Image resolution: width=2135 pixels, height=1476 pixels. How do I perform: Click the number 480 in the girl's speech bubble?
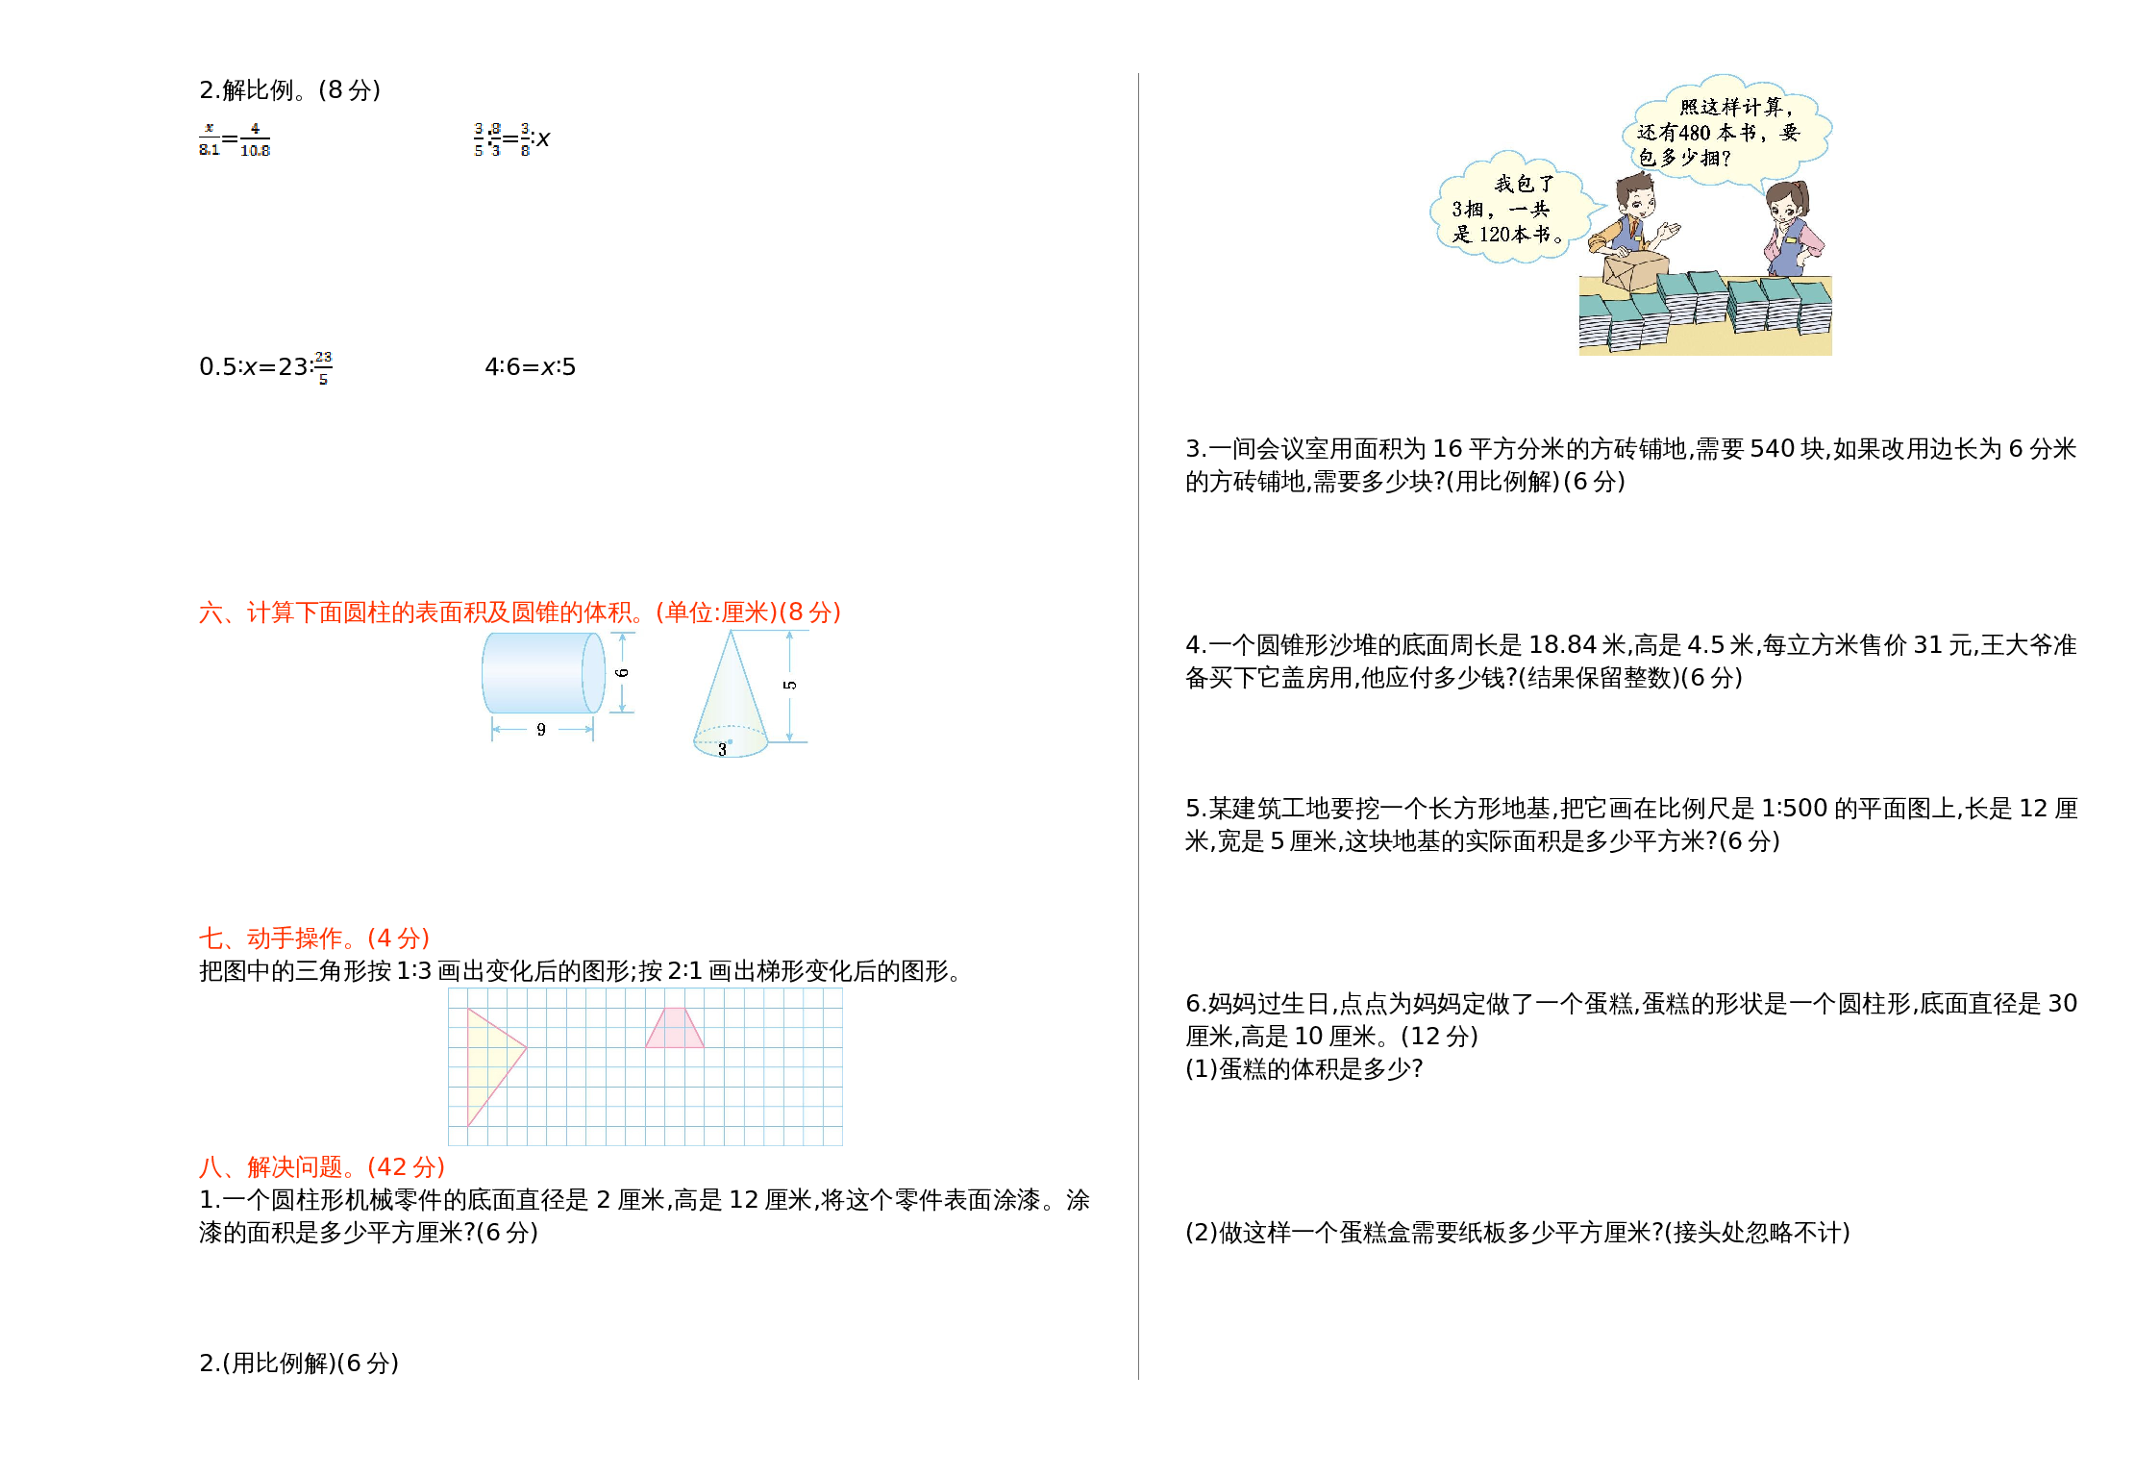click(1694, 133)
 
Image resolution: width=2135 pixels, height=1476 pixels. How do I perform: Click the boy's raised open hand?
click(1671, 231)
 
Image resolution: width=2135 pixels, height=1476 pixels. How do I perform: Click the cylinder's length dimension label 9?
click(541, 730)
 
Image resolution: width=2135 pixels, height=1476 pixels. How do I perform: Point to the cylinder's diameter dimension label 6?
click(622, 672)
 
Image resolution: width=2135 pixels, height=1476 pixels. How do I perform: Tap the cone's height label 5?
click(790, 685)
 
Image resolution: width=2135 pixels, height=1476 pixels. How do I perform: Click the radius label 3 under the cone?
click(722, 749)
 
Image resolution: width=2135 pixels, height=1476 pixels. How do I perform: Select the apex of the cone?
click(732, 632)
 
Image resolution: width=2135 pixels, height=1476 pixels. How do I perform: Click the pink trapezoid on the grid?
click(675, 1030)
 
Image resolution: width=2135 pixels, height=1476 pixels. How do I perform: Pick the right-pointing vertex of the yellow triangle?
click(525, 1047)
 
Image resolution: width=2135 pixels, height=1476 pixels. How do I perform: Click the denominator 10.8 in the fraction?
click(255, 151)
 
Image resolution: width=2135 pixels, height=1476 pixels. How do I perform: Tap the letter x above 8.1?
click(209, 127)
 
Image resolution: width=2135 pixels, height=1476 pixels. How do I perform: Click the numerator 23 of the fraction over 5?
click(323, 357)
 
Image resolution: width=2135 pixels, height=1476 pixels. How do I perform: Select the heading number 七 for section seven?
click(211, 938)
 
